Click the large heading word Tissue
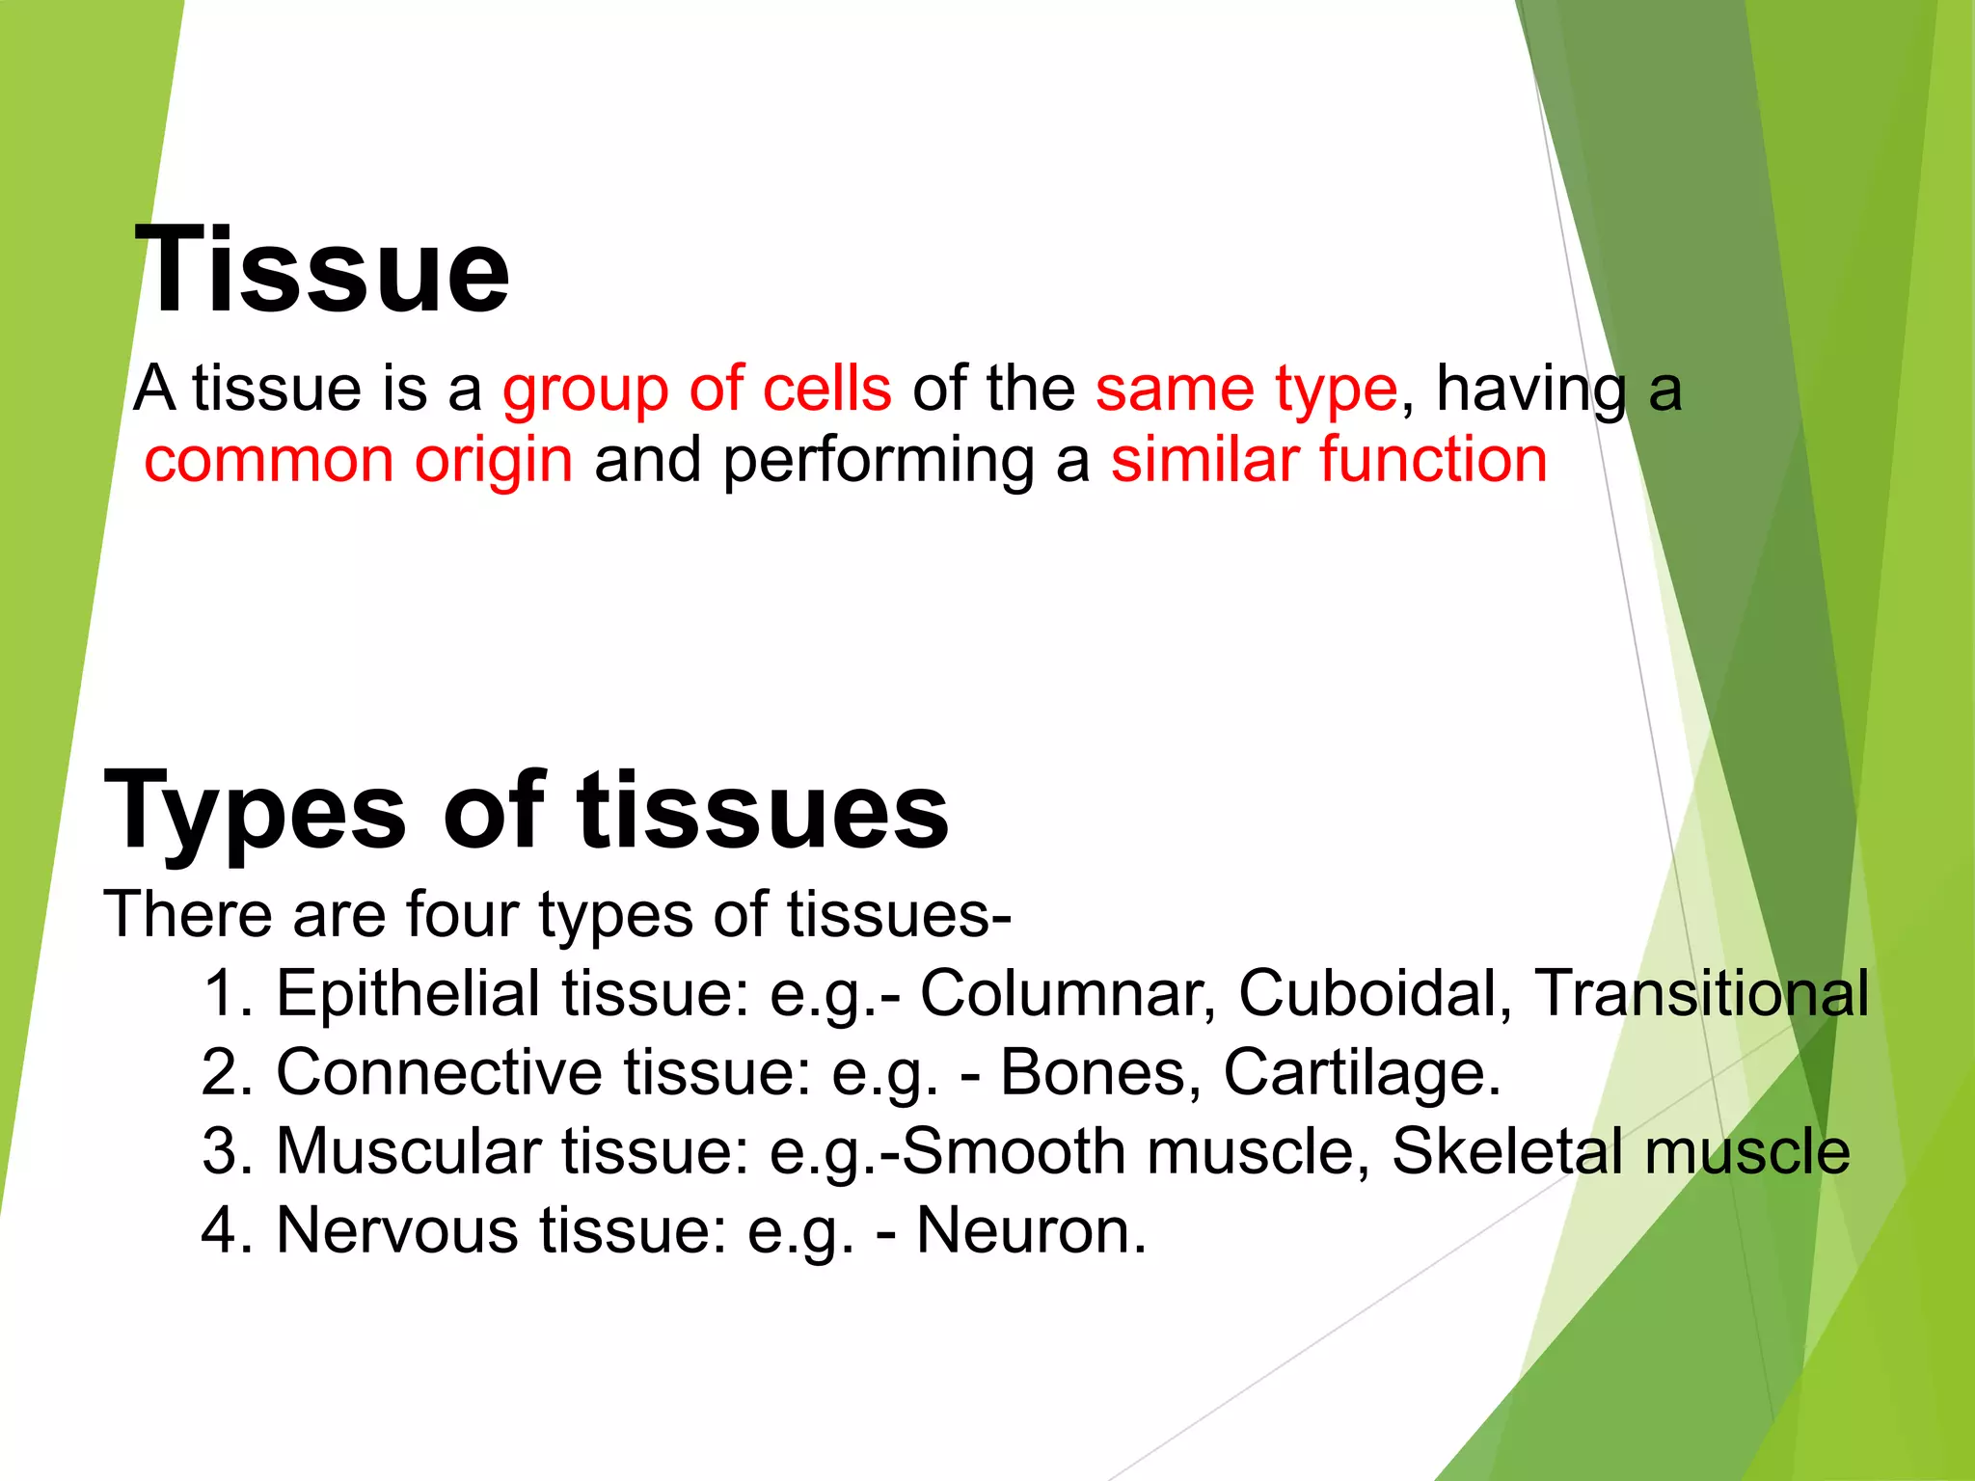(322, 270)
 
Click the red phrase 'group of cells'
(696, 389)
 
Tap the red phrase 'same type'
(1246, 389)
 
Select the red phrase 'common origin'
(359, 460)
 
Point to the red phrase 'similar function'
(1329, 460)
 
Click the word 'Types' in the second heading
(256, 812)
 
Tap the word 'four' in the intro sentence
(461, 913)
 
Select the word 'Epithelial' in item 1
(408, 993)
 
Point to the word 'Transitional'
(1701, 993)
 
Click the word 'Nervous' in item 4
(396, 1230)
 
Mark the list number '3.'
(228, 1151)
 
